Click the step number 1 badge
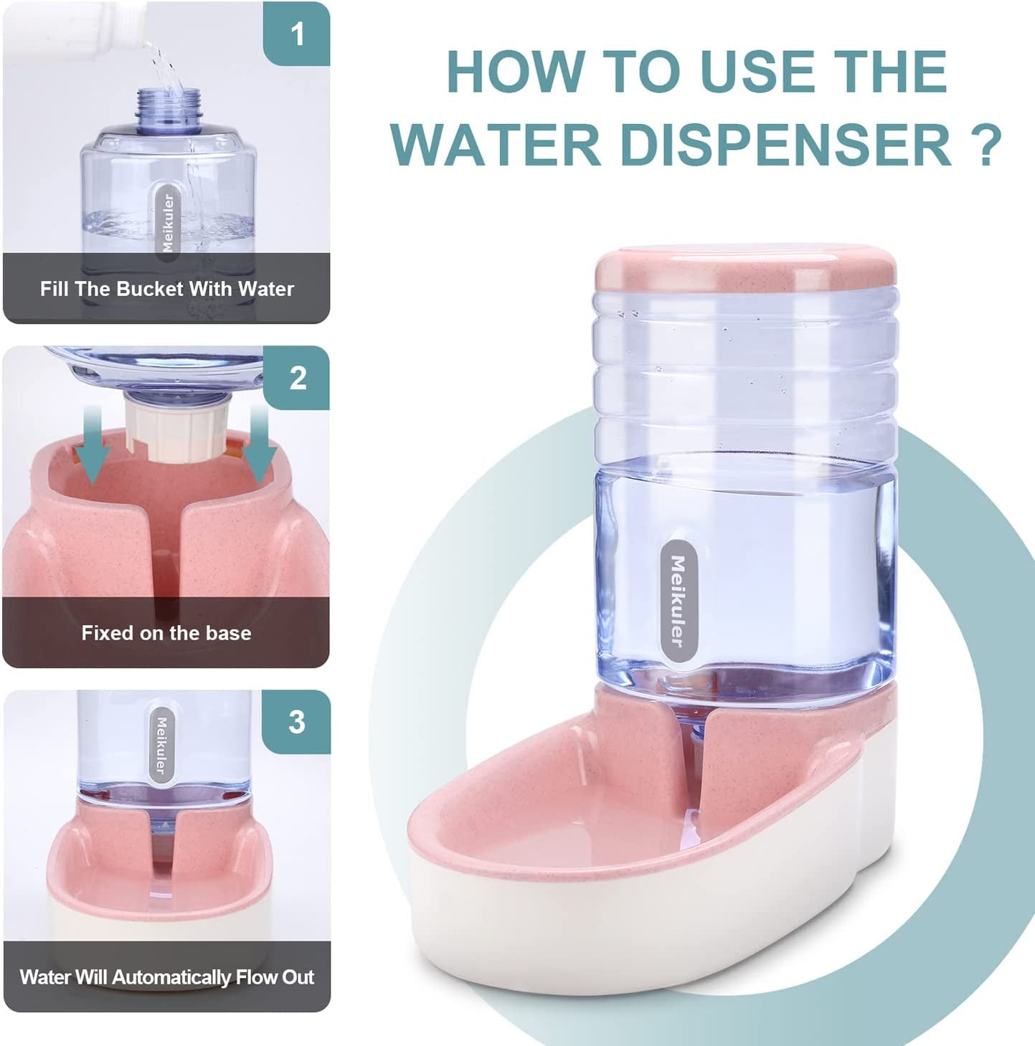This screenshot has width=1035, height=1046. coord(297,34)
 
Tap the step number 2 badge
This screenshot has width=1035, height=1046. coord(297,378)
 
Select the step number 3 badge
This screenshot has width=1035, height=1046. coord(297,722)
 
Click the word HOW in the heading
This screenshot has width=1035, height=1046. coord(516,72)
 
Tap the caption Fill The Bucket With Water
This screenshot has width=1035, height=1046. coord(166,289)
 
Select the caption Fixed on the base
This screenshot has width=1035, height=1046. coord(166,633)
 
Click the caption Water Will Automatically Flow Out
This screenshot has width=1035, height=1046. coord(166,977)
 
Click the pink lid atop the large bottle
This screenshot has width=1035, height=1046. coord(745,269)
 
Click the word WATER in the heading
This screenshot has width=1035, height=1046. coord(496,143)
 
